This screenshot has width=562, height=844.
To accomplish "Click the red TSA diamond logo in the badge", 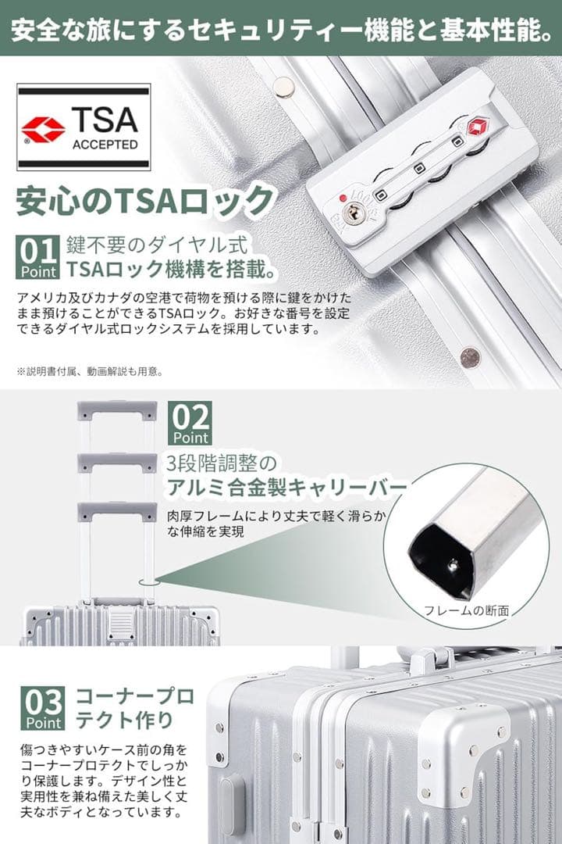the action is point(43,129).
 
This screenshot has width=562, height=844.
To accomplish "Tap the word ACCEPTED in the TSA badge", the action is point(105,145).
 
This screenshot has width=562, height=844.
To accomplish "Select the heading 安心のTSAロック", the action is point(145,200).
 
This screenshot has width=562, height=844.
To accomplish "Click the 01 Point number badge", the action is point(37,257).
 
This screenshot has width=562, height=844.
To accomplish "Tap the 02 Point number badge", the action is point(190,423).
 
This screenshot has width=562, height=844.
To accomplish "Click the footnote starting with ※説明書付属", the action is point(90,371).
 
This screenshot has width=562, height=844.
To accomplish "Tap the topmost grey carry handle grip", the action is point(117,411).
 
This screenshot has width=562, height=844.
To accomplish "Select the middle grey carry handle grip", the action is point(117,463).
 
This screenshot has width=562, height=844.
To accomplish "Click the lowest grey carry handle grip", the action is point(117,512).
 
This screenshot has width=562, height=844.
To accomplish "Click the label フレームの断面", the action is point(466,610).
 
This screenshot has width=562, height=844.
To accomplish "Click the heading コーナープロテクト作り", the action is point(134,707).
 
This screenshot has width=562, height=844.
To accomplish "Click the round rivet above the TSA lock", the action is point(284,87).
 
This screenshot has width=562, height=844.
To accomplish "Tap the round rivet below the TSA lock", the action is point(469,356).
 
